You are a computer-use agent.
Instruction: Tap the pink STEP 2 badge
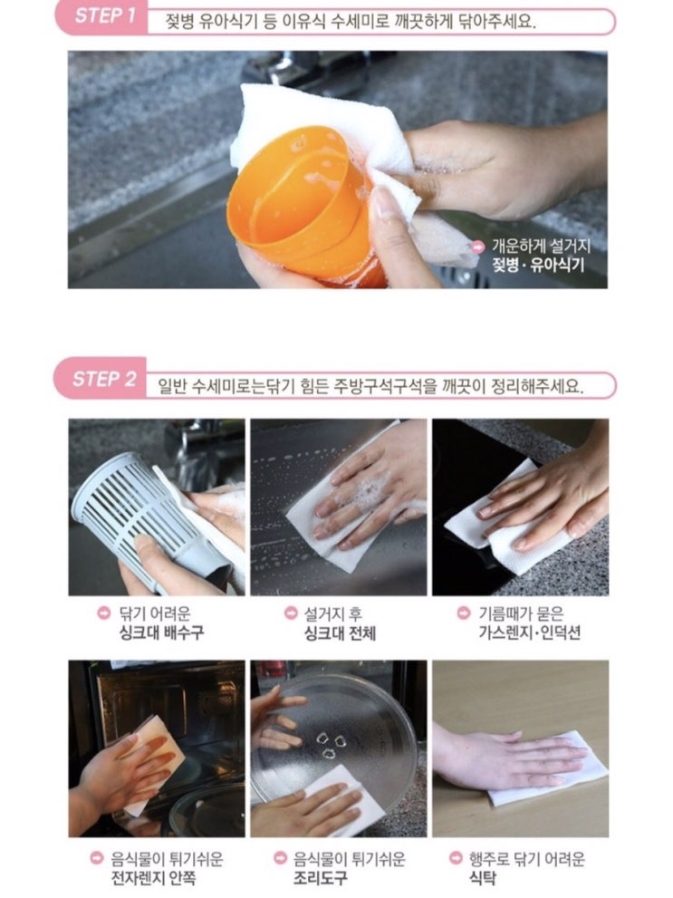[x=101, y=378]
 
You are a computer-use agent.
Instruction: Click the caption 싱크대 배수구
[x=161, y=632]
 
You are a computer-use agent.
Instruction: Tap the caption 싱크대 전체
[x=340, y=633]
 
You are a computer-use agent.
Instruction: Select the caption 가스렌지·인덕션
[x=529, y=632]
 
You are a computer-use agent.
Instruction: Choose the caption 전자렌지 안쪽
[x=153, y=878]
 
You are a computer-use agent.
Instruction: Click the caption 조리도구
[x=320, y=878]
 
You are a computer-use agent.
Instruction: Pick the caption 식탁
[x=483, y=878]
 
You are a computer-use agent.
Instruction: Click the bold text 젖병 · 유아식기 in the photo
[x=539, y=266]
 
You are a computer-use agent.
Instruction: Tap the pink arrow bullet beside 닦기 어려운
[x=103, y=613]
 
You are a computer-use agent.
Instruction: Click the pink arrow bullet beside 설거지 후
[x=291, y=613]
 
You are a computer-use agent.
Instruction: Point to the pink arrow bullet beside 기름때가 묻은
[x=464, y=613]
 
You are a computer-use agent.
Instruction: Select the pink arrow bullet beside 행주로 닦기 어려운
[x=456, y=858]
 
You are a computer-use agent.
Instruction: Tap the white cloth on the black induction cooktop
[x=504, y=526]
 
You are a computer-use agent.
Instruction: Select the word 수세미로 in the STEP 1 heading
[x=361, y=22]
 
